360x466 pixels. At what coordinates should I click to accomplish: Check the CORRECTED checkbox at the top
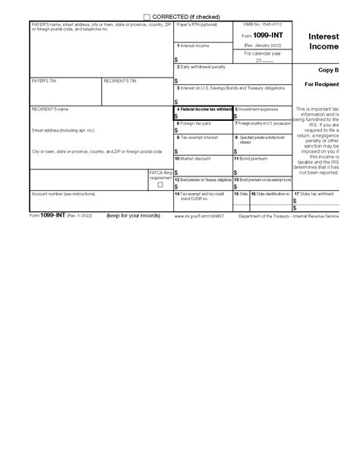[147, 17]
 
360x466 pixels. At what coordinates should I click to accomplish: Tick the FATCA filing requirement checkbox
[159, 184]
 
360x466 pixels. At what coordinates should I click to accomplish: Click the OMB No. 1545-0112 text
[259, 25]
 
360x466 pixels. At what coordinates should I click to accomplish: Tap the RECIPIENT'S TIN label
[120, 80]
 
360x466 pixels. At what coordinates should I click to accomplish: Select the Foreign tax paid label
[195, 122]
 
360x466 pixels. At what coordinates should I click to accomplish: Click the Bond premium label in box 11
[255, 158]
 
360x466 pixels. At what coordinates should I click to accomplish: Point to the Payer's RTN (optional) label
[197, 25]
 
